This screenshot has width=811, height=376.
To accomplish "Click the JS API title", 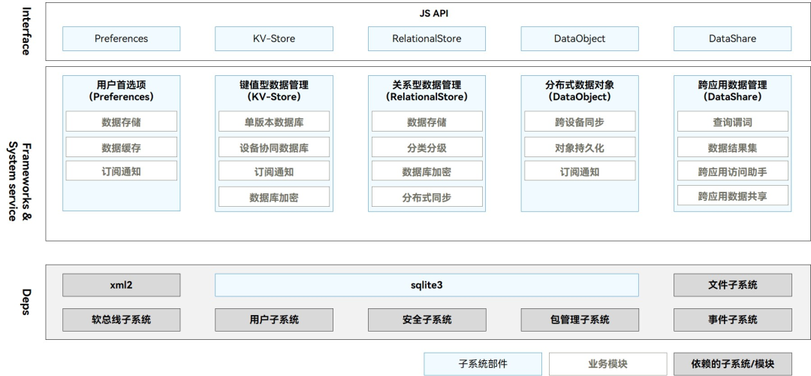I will [429, 14].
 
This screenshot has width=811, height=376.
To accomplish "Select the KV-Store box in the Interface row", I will [274, 38].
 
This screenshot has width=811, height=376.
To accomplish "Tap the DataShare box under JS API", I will [732, 38].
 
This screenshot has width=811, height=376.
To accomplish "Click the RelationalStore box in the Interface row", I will [427, 38].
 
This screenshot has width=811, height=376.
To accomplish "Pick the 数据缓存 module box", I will [121, 147].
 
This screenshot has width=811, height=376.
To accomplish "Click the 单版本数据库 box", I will [274, 122].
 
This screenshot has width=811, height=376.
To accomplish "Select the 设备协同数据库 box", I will [274, 147].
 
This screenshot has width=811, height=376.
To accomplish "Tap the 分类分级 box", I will [427, 147].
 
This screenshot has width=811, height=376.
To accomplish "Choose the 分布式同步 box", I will [427, 197].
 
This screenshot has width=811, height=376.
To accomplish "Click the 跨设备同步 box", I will [580, 122].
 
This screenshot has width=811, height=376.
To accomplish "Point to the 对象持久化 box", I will [580, 147].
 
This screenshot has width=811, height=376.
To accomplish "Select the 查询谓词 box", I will [732, 122].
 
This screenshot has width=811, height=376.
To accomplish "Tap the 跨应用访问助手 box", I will [732, 171].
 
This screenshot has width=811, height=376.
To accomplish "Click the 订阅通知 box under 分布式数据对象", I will [580, 171].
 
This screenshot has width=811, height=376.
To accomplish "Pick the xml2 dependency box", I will [121, 285].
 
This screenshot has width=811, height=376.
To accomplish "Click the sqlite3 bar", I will [427, 285].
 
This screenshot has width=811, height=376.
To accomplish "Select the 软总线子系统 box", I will [121, 320].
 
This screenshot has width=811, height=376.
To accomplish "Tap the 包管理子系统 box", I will [580, 320].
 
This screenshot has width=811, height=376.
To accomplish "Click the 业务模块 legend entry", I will [607, 364].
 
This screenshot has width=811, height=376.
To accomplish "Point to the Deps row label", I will [26, 301].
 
